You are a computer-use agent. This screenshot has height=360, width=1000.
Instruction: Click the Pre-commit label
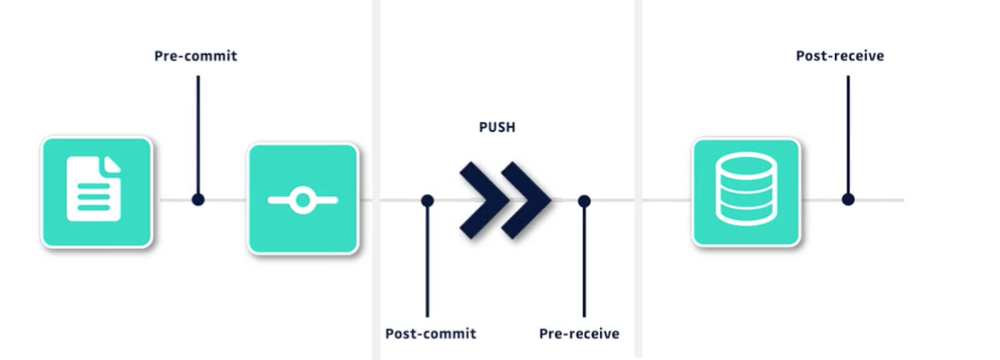[x=196, y=56]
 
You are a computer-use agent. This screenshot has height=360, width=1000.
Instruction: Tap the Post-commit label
[x=431, y=334]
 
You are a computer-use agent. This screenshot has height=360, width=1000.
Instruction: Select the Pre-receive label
[x=579, y=334]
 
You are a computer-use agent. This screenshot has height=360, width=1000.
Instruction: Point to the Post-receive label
[x=840, y=56]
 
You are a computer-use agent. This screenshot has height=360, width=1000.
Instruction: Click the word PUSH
[x=497, y=127]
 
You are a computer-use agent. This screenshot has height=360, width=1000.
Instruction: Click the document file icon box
[x=97, y=192]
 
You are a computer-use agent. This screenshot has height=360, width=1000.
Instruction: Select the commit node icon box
[x=303, y=199]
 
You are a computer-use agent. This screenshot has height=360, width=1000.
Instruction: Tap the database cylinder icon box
[x=746, y=192]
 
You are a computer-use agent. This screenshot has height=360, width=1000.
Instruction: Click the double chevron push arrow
[x=505, y=200]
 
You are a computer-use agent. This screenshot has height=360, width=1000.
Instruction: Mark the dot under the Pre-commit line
[x=198, y=200]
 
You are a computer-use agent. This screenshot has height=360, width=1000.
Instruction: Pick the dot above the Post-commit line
[x=427, y=201]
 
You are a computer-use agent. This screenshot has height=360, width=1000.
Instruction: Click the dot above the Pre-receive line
[x=584, y=201]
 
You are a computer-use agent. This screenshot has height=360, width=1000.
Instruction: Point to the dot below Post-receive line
[x=848, y=199]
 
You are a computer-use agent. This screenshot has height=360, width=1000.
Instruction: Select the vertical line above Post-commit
[x=427, y=262]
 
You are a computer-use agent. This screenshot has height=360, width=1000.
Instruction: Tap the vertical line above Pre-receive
[x=584, y=262]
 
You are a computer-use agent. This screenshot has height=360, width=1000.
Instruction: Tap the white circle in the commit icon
[x=303, y=201]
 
